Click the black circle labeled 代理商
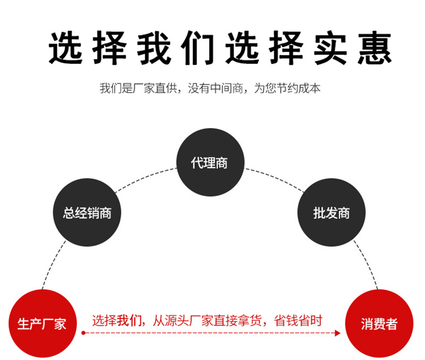(210, 162)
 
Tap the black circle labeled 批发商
(331, 213)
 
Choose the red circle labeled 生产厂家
(42, 323)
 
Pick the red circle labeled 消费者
(379, 323)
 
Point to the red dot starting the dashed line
(83, 333)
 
